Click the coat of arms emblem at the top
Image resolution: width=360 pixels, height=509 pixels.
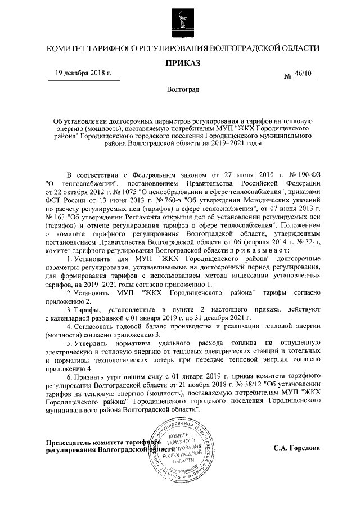179,20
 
